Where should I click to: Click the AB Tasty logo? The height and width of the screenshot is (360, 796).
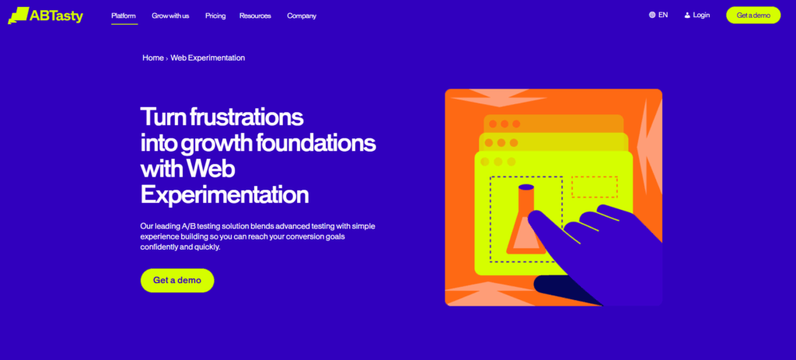click(x=46, y=16)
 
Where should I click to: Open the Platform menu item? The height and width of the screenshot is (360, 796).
click(x=124, y=16)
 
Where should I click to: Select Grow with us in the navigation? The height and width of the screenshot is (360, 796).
click(x=170, y=16)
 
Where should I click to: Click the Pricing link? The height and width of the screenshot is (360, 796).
click(x=215, y=16)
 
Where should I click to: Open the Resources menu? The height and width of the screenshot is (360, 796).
click(x=255, y=16)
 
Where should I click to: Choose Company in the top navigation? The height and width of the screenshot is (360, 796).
click(x=302, y=16)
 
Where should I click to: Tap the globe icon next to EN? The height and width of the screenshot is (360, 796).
click(x=652, y=16)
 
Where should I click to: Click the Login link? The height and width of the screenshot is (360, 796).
click(x=701, y=16)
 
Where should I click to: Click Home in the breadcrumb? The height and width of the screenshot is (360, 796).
click(x=153, y=58)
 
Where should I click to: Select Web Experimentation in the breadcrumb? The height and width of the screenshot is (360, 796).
click(x=208, y=58)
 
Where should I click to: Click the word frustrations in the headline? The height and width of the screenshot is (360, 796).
click(x=246, y=117)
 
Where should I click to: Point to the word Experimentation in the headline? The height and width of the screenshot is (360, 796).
click(x=225, y=195)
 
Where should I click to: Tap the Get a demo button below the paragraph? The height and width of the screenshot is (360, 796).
click(x=177, y=280)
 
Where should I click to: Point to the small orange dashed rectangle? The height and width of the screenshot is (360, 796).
click(x=595, y=187)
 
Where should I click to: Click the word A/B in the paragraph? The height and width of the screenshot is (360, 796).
click(x=189, y=226)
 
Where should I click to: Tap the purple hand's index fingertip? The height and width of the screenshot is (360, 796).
click(x=532, y=217)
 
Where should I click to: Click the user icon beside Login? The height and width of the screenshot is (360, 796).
click(x=687, y=16)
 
